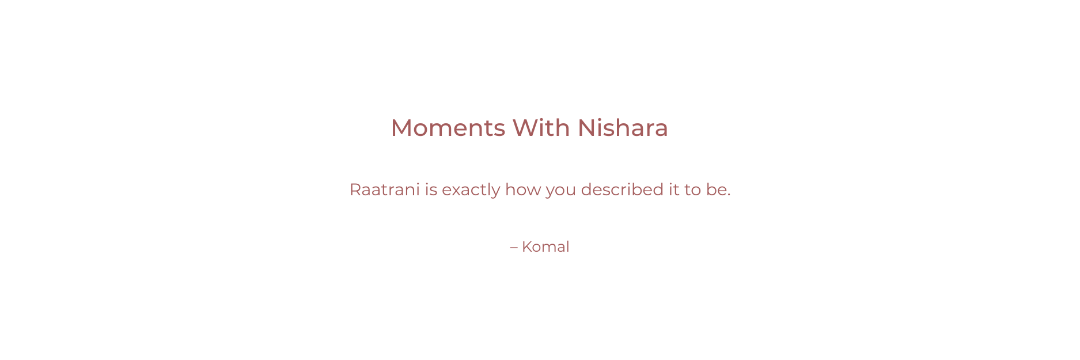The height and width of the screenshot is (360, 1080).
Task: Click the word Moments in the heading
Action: [448, 128]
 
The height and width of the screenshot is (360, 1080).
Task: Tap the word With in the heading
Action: [541, 128]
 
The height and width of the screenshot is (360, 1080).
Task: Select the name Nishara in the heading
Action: [623, 128]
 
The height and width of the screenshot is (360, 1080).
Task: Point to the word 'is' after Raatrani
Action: [431, 190]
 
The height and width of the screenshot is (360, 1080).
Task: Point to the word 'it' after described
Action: [674, 190]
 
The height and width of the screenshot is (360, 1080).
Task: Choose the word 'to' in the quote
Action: [692, 190]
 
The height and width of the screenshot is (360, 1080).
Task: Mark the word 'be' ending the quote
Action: [715, 190]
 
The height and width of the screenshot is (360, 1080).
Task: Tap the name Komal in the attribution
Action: [545, 247]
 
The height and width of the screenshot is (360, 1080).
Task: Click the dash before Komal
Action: [514, 248]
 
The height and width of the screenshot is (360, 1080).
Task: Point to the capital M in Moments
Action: [402, 128]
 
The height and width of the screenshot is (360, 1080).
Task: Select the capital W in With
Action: [525, 128]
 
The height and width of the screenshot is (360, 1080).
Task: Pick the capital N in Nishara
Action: [586, 128]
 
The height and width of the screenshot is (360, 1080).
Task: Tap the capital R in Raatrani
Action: [355, 190]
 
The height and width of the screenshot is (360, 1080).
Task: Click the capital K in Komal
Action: [527, 247]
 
